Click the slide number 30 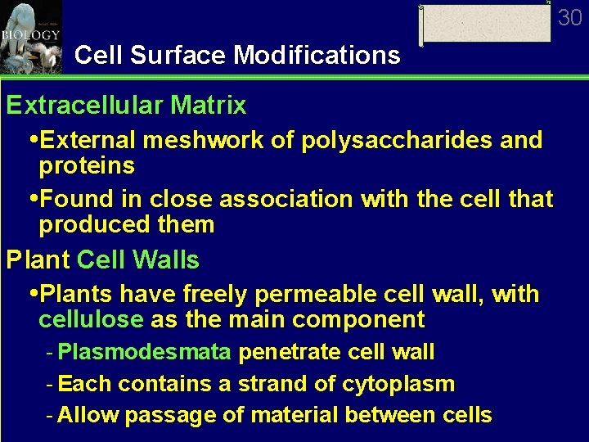[569, 17]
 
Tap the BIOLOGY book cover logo [31, 36]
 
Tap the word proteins [87, 166]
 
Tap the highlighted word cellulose [91, 319]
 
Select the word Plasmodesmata [146, 353]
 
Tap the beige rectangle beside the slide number [486, 24]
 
